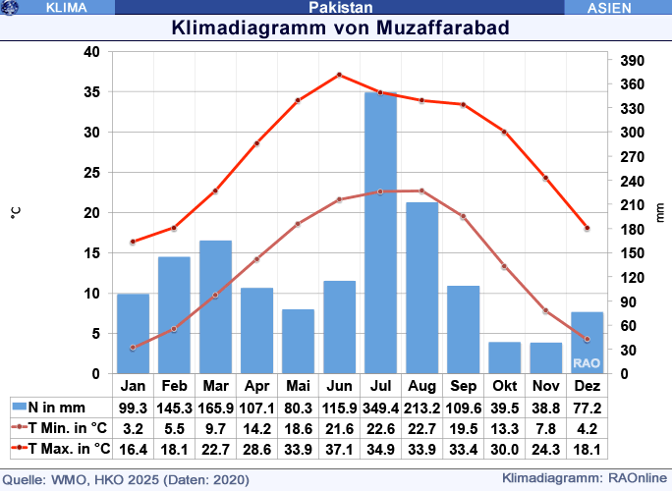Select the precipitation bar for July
380,234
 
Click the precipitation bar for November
545,358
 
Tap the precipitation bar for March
215,307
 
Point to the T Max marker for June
339,75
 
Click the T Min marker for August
421,191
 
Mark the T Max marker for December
587,228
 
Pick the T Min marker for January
133,348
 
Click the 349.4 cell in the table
380,407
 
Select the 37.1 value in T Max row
339,449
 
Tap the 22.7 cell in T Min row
421,428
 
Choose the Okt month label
504,386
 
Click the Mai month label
298,386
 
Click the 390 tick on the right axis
632,61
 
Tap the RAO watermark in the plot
588,362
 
